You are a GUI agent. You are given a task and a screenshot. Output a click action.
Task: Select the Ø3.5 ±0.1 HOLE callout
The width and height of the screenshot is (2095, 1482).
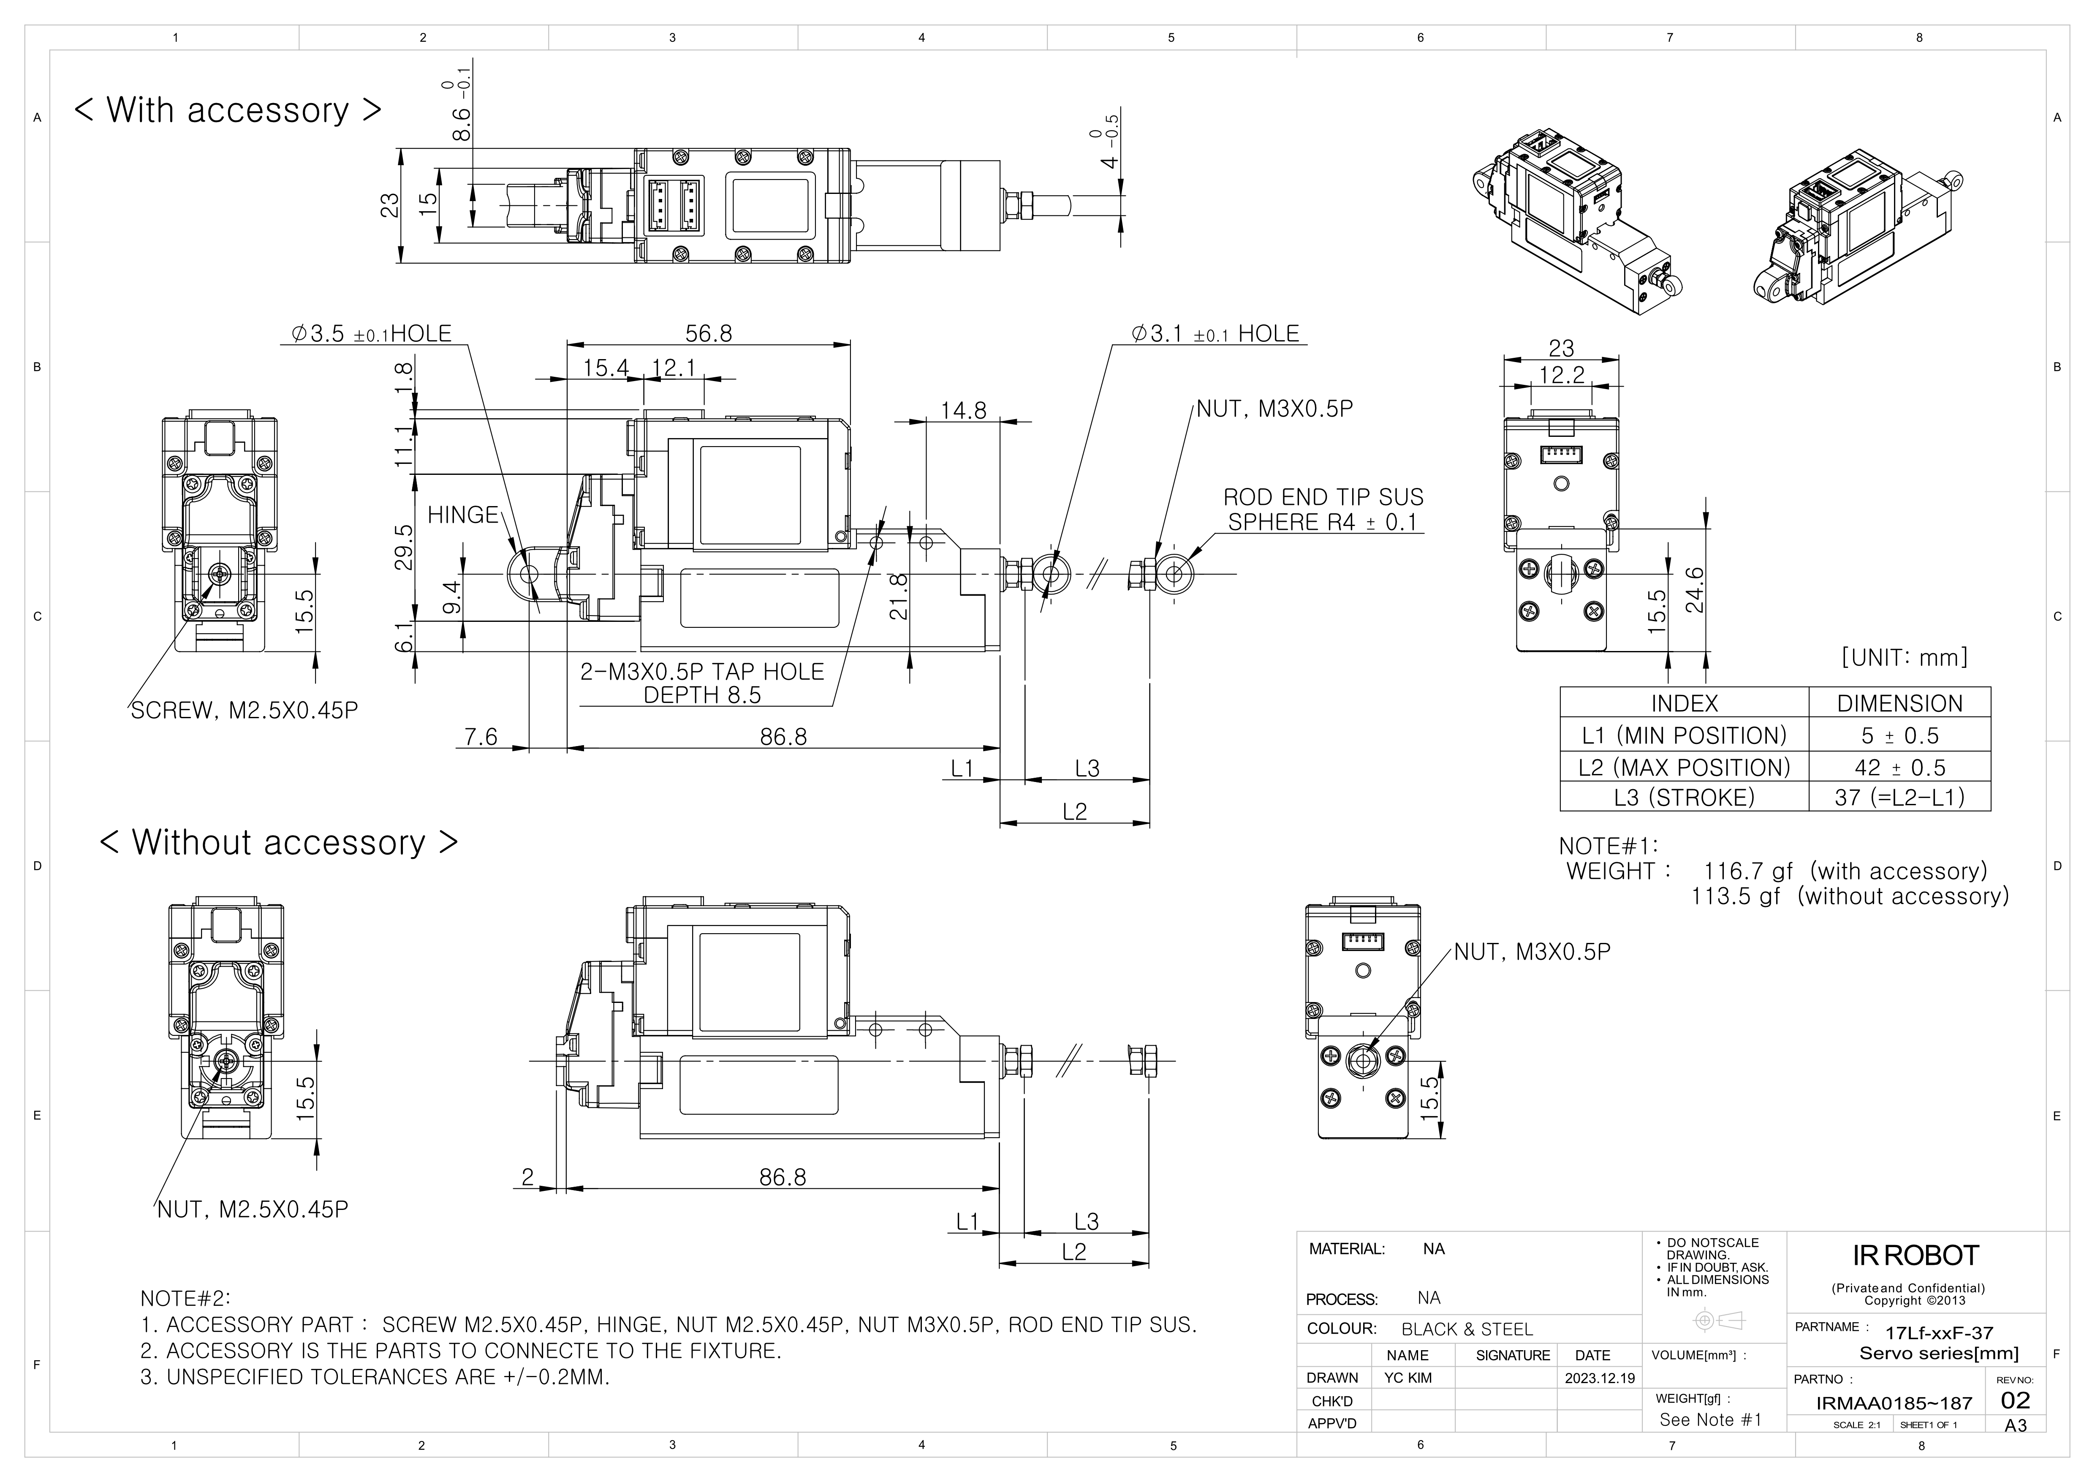(371, 334)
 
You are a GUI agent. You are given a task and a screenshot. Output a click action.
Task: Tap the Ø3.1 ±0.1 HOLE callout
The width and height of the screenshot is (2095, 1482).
(1215, 334)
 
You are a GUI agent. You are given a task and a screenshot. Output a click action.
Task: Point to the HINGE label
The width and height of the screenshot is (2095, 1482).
(462, 515)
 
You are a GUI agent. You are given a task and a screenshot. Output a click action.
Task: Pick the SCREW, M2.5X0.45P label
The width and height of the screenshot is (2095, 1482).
(244, 711)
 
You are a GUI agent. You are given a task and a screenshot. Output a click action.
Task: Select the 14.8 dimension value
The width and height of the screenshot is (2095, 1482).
(964, 411)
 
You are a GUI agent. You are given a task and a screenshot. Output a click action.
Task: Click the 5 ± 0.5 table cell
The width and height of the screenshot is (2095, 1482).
(1900, 736)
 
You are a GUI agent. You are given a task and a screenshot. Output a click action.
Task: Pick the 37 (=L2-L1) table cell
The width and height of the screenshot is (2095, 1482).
(1900, 798)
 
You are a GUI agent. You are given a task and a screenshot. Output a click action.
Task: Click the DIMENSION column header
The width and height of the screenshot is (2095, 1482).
(1900, 703)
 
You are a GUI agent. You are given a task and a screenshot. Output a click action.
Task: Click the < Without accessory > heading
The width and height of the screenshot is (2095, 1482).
(278, 842)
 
